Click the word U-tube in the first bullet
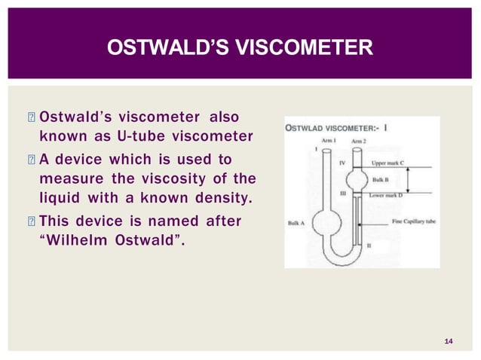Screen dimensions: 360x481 (150, 137)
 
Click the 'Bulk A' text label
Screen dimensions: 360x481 (296, 223)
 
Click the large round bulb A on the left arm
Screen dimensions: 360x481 (326, 224)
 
